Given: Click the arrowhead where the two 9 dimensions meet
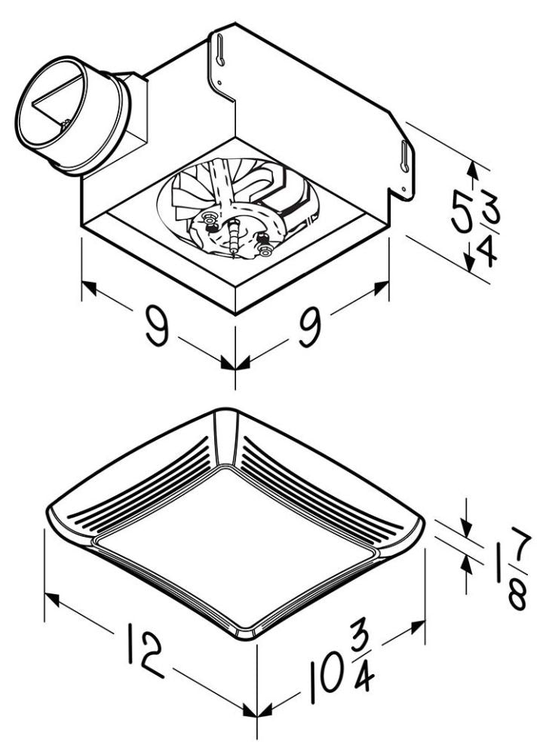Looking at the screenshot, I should click(234, 364).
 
